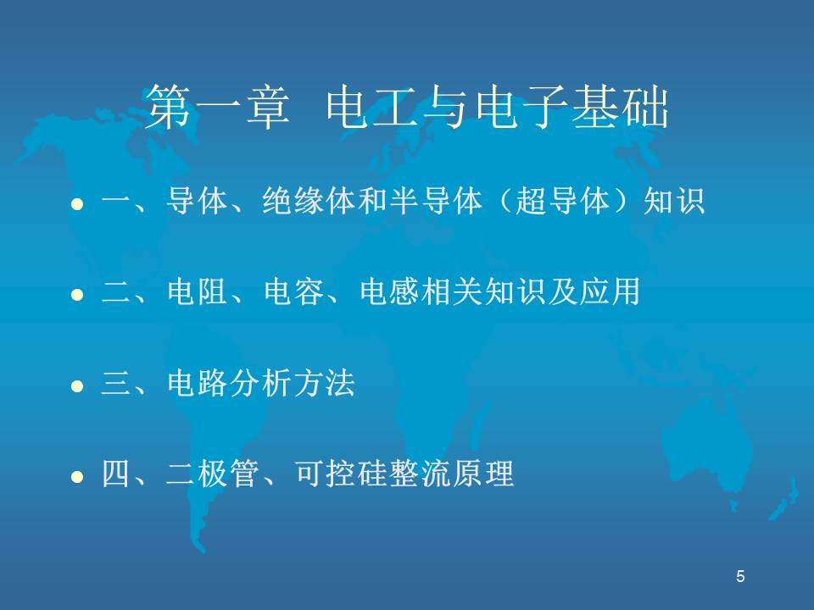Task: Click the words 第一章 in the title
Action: [217, 107]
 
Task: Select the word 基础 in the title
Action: [621, 107]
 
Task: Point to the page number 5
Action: [740, 576]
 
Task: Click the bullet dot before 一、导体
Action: [77, 204]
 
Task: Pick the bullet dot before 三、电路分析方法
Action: [77, 386]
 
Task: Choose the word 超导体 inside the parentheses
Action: [563, 201]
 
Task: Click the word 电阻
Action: [198, 291]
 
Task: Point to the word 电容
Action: [294, 291]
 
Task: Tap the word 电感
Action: [390, 291]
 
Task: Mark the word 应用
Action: [610, 291]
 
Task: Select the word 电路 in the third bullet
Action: [198, 383]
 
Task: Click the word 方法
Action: [325, 383]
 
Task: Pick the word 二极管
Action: [213, 474]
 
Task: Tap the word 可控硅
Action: [341, 474]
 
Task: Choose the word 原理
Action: [484, 474]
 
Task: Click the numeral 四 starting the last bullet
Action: [116, 474]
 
